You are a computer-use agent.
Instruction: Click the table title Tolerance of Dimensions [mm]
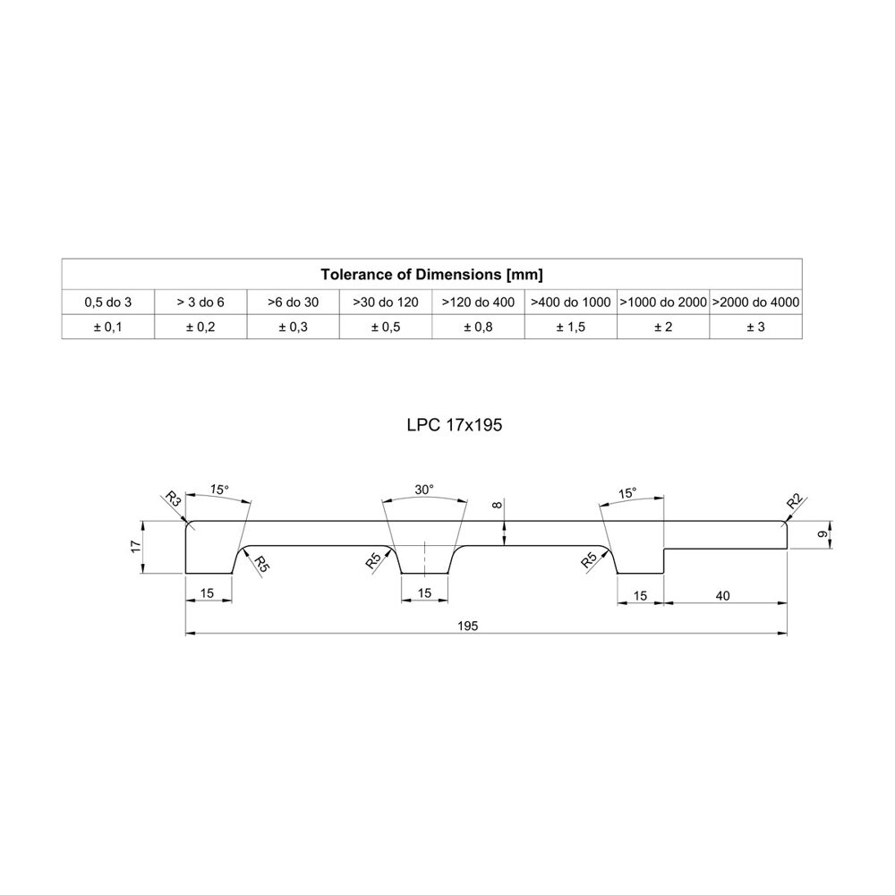pyautogui.click(x=431, y=275)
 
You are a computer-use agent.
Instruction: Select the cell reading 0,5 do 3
pyautogui.click(x=108, y=302)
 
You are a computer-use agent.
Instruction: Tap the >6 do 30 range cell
pyautogui.click(x=293, y=302)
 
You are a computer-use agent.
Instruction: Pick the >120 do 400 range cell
pyautogui.click(x=478, y=302)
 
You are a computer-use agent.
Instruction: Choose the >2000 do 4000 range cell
pyautogui.click(x=755, y=302)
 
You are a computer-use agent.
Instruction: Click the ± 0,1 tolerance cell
pyautogui.click(x=108, y=327)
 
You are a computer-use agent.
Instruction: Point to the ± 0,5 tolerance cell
pyautogui.click(x=386, y=327)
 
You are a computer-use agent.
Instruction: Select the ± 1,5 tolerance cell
pyautogui.click(x=571, y=327)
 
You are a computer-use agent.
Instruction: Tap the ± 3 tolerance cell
pyautogui.click(x=755, y=327)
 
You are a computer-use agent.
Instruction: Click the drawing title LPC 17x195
pyautogui.click(x=455, y=425)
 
